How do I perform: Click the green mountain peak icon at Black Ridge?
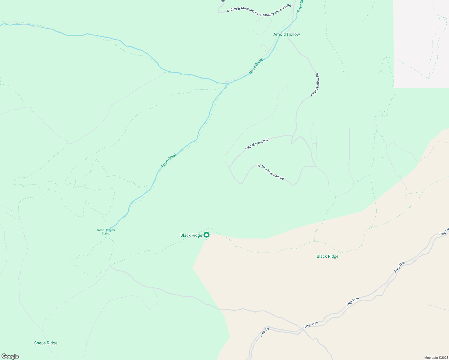206,235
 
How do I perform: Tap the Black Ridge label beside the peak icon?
191,235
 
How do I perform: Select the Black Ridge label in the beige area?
327,256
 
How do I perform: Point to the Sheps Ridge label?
46,343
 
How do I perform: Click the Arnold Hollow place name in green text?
287,34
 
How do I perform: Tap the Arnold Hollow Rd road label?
315,85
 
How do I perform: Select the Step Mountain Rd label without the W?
257,144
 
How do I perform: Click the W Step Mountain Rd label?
271,172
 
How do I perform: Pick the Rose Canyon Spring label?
106,232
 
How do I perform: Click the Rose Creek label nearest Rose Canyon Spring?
169,160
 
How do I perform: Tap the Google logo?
10,356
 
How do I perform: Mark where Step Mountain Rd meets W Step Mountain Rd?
229,167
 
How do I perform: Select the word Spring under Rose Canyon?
106,233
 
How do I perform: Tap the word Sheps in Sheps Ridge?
40,343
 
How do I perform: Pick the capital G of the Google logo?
4,356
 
